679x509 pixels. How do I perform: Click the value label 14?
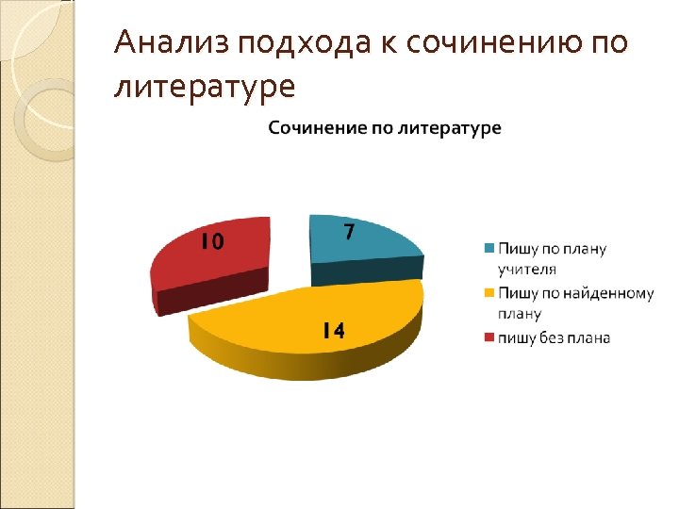(331, 330)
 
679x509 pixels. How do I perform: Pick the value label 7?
(348, 231)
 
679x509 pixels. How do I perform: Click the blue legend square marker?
(489, 249)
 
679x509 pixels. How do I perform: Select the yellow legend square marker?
(489, 293)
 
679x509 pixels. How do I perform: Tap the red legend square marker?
(489, 337)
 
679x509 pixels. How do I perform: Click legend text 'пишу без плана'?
(555, 337)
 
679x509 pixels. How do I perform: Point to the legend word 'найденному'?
(613, 293)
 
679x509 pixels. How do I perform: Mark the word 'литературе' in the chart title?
(450, 127)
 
